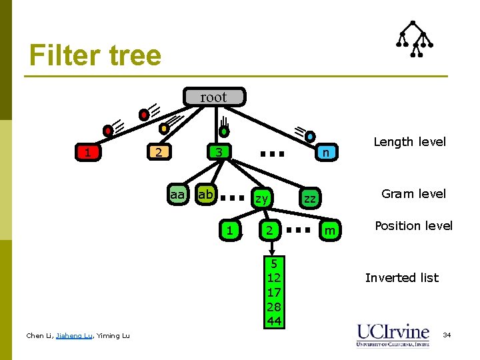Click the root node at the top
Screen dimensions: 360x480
(x=213, y=97)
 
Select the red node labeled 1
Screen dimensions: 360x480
(x=87, y=153)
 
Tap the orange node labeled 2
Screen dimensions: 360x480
(x=158, y=153)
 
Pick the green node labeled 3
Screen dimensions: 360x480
(x=219, y=153)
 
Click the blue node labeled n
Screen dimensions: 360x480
(x=325, y=153)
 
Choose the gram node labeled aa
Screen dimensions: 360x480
(x=177, y=195)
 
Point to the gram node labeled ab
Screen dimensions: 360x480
(x=206, y=195)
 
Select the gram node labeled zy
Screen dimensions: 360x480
(x=262, y=198)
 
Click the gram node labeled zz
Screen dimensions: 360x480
(x=309, y=198)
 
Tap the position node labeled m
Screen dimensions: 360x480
(x=327, y=231)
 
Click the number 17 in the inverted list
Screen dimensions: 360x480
(x=273, y=292)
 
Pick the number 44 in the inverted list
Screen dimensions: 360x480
(x=273, y=321)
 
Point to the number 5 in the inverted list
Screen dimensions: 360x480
(x=273, y=262)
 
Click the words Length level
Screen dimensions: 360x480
(x=409, y=142)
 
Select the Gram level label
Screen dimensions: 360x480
(x=413, y=194)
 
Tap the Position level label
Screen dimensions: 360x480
(x=413, y=226)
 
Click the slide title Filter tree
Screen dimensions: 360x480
(x=95, y=55)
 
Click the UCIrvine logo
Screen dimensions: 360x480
(x=393, y=334)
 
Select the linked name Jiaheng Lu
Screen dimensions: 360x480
(x=74, y=335)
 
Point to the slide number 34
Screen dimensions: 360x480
(x=447, y=334)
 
